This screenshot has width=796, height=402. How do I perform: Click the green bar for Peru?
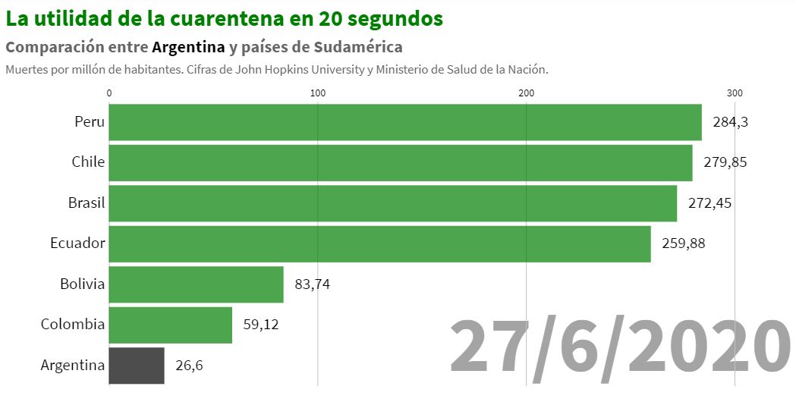coord(405,122)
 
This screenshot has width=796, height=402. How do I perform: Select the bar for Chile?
coord(401,162)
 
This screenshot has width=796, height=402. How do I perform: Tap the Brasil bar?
coord(393,203)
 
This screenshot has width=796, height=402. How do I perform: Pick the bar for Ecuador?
coord(379,243)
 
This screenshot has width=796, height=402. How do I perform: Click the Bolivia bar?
coord(196,284)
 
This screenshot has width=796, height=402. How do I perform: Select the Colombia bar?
coord(171,325)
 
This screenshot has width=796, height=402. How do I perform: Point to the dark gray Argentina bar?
coord(137,365)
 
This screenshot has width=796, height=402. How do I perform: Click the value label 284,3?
coord(731,122)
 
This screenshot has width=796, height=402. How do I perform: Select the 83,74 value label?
coord(313,284)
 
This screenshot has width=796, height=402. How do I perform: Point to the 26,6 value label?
coord(189,365)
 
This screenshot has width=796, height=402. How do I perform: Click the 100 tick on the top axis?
coord(318,93)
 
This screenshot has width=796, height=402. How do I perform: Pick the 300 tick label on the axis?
coord(735,93)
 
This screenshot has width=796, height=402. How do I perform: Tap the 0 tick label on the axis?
coord(110,93)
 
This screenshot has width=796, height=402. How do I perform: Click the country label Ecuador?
coord(77,243)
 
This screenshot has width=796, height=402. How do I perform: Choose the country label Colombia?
coord(73,325)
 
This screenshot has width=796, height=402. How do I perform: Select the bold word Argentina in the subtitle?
coord(188,47)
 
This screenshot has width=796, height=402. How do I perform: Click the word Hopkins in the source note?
coord(307,70)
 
